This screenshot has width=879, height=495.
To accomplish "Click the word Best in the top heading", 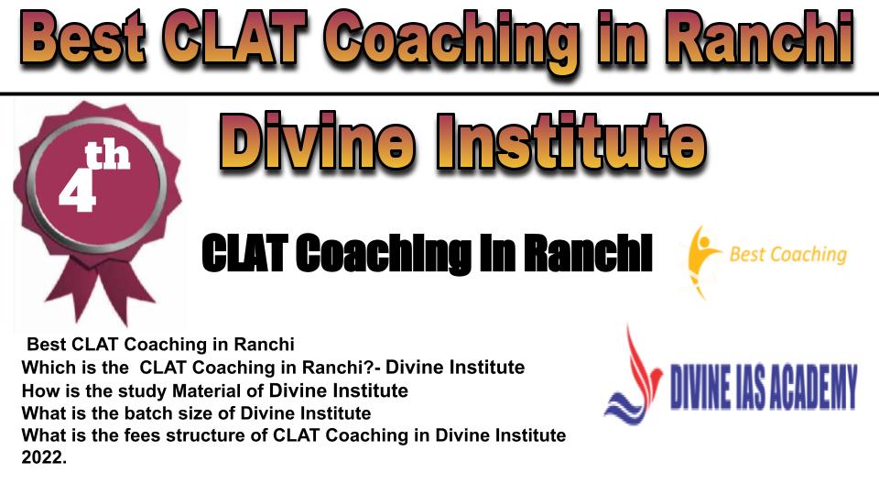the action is pos(84,38).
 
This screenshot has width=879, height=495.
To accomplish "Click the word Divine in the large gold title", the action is pos(318,141).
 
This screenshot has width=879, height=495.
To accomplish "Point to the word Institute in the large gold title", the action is pos(571,141).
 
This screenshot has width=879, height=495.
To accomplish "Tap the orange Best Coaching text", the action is pos(787,255).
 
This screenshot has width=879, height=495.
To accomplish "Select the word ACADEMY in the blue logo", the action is pos(810,387).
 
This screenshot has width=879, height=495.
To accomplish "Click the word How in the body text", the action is pos(37,390).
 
